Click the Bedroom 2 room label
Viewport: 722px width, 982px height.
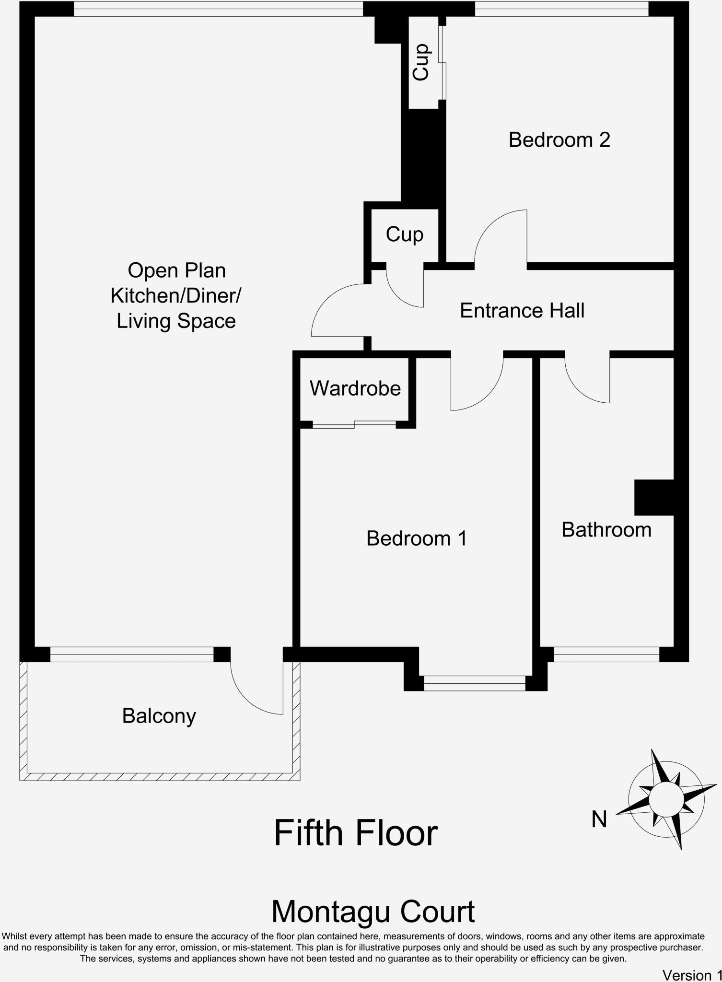(559, 140)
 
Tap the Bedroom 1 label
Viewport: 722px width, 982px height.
(416, 538)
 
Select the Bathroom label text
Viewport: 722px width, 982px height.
(606, 530)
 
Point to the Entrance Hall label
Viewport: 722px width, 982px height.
(522, 311)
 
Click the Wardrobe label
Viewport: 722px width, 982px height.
(355, 388)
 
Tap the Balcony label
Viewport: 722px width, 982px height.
(159, 716)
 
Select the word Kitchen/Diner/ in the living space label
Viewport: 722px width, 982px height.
(175, 296)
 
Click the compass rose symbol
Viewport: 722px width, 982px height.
(666, 800)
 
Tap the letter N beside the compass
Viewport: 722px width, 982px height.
(599, 819)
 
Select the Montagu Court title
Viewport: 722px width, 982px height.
(373, 912)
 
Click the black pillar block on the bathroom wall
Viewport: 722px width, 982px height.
(654, 498)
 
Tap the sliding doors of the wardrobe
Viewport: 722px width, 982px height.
(354, 424)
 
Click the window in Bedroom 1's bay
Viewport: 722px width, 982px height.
(474, 683)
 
